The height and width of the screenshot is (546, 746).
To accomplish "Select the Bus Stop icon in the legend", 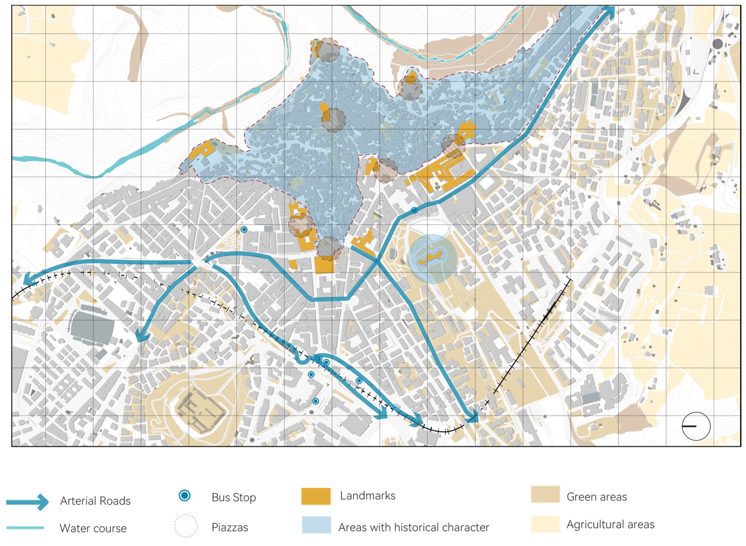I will tap(185, 495).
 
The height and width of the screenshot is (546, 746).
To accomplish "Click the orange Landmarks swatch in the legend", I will tap(316, 496).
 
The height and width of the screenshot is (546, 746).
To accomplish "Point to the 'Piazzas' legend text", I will tap(230, 527).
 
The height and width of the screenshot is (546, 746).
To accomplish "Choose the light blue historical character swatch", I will tap(316, 525).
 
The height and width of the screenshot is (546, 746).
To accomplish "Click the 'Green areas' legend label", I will tap(597, 497).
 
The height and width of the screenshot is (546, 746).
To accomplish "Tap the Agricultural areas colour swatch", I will tap(545, 524).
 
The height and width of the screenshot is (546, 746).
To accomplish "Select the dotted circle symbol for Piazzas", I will tap(186, 525).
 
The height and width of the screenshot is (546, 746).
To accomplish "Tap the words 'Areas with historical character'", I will tap(413, 527).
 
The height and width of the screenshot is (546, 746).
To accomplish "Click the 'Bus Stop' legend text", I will tap(234, 497).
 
